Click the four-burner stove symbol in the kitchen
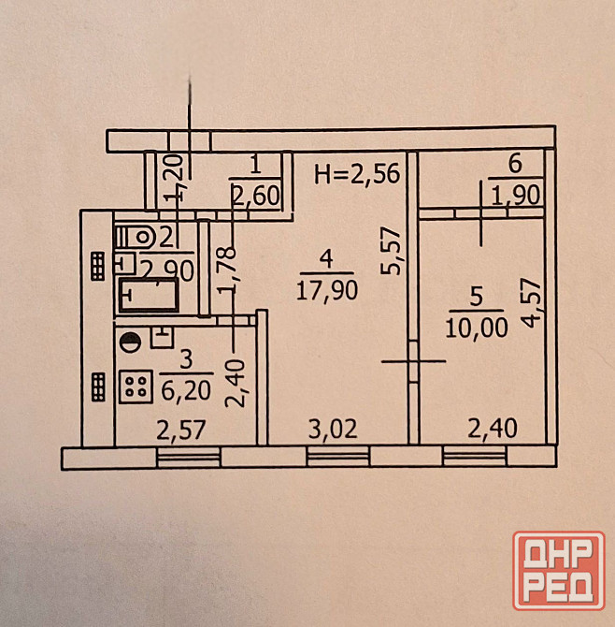coord(136,386)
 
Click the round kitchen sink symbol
coord(130,343)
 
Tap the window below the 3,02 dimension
coord(337,458)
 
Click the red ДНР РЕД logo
coord(557,571)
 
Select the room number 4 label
coord(324,256)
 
